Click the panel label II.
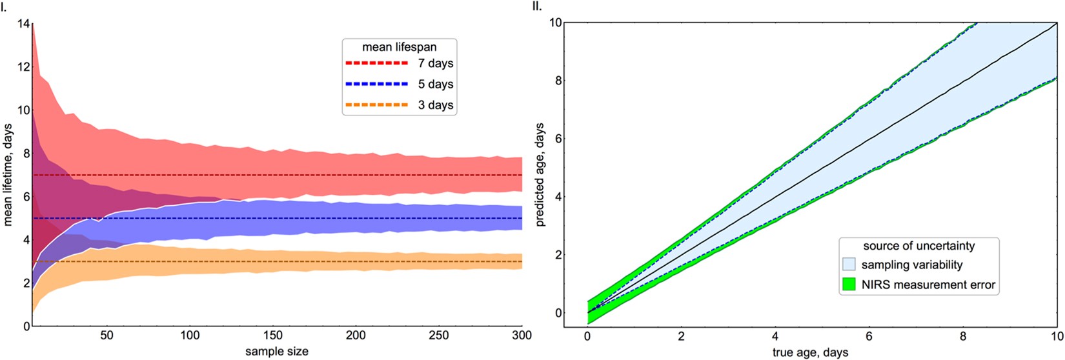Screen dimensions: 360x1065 pyautogui.click(x=536, y=6)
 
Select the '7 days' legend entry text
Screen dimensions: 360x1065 pyautogui.click(x=436, y=64)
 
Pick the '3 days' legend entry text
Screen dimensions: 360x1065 pyautogui.click(x=436, y=105)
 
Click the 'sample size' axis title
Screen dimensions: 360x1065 pyautogui.click(x=276, y=351)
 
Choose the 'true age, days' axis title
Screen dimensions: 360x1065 pyautogui.click(x=811, y=352)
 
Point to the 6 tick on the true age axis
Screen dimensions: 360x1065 pyautogui.click(x=869, y=337)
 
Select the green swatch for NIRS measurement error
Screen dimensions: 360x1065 pyautogui.click(x=849, y=285)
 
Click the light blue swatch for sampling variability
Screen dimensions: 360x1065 pyautogui.click(x=849, y=265)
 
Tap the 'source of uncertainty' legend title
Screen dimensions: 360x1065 pyautogui.click(x=919, y=246)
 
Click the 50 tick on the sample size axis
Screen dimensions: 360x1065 pyautogui.click(x=107, y=336)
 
